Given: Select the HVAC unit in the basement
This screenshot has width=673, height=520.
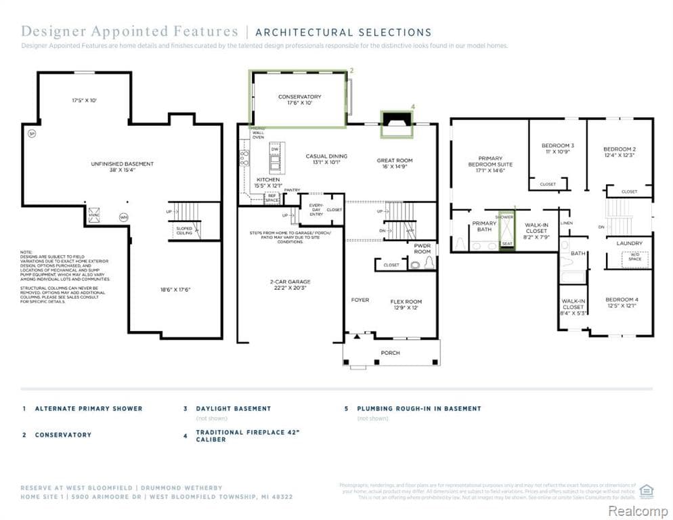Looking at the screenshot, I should click(94, 213).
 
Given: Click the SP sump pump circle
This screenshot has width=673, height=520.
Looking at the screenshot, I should click(31, 134).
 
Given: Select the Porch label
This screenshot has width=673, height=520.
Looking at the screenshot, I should click(390, 353).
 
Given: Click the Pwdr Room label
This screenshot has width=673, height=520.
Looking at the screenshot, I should click(422, 248).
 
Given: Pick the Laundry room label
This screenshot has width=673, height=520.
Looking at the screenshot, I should click(629, 243).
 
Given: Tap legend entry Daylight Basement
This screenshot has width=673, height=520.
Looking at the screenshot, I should click(233, 409).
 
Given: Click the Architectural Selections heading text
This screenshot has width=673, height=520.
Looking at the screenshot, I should click(343, 32).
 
